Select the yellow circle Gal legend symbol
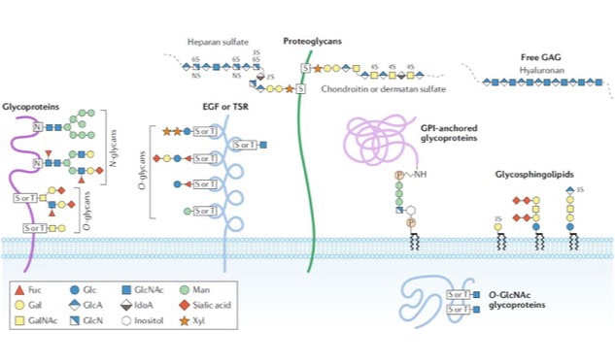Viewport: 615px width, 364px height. pos(21,304)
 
